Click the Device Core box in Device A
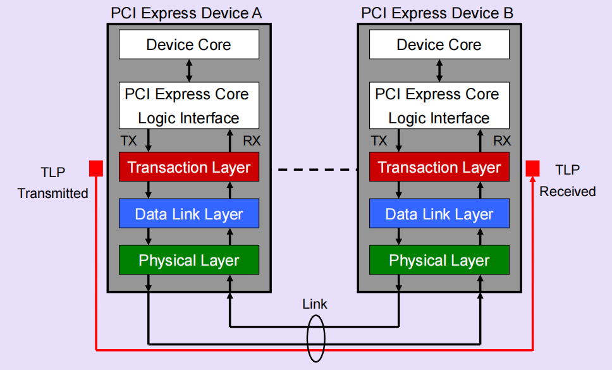coord(189,45)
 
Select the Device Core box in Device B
coord(439,45)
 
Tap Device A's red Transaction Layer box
coord(189,168)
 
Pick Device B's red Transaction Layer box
coord(439,168)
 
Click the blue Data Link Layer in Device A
coord(189,214)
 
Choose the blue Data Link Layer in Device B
coord(439,214)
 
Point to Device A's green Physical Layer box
coord(189,260)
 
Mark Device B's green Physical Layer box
coord(439,260)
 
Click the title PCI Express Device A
coord(186,13)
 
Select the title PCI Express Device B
coord(437,13)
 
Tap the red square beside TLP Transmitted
coord(95,168)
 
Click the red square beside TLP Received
coord(533,168)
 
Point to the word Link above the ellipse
coord(314,304)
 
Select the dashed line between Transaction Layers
coord(314,170)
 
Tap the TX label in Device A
coord(129,140)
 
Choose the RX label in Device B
coord(502,140)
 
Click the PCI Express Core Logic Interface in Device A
coord(189,106)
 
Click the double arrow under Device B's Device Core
coord(439,70)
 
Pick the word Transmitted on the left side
coord(53,194)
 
